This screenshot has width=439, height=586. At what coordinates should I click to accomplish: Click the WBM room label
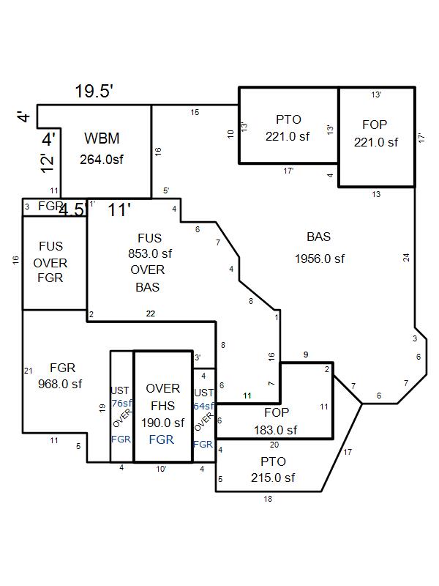[102, 138]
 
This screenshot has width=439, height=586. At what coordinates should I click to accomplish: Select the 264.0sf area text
[102, 159]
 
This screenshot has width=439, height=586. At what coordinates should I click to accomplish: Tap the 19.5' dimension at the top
[94, 92]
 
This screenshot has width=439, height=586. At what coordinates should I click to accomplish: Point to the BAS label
[319, 237]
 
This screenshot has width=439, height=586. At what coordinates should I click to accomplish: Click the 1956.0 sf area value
[320, 259]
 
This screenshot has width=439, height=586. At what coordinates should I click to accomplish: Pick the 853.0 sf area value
[150, 253]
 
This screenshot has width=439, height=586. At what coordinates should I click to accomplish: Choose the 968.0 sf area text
[60, 383]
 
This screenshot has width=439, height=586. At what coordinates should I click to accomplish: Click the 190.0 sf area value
[162, 423]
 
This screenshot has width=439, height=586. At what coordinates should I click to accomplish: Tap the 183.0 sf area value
[276, 430]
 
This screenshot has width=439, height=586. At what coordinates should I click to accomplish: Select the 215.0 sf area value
[272, 478]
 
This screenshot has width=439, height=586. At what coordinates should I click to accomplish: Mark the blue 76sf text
[121, 403]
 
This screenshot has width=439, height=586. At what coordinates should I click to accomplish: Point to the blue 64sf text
[204, 406]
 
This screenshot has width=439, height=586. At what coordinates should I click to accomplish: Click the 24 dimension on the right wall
[406, 257]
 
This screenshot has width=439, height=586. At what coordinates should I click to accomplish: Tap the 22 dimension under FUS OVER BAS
[150, 314]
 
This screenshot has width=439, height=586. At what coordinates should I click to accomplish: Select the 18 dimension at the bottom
[267, 499]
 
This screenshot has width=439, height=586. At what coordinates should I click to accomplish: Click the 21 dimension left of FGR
[29, 371]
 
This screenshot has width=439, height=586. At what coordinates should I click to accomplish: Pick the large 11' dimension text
[119, 209]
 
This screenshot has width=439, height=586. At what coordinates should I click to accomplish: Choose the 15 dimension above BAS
[195, 112]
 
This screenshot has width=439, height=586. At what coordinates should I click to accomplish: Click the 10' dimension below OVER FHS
[161, 469]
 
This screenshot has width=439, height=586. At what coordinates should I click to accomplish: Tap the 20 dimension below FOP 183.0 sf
[274, 444]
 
